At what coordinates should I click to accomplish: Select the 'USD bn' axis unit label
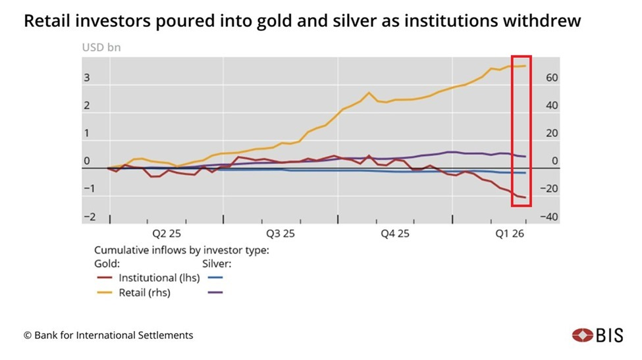(101, 47)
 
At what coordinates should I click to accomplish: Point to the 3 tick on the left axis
(86, 78)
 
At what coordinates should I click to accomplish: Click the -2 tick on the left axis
(90, 217)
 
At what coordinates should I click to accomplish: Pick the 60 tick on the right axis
(551, 78)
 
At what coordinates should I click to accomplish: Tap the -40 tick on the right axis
(549, 217)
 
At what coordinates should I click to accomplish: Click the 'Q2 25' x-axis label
(167, 233)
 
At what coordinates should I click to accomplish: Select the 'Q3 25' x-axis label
(281, 233)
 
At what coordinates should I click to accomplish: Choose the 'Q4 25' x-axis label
(395, 233)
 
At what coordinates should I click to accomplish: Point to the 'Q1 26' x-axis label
(509, 233)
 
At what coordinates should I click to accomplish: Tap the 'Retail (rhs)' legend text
(144, 292)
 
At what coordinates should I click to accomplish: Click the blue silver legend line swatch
(215, 278)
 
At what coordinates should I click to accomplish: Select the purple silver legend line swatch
(215, 292)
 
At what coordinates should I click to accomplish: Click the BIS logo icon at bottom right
(581, 335)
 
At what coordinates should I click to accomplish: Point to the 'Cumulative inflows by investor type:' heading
(182, 250)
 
